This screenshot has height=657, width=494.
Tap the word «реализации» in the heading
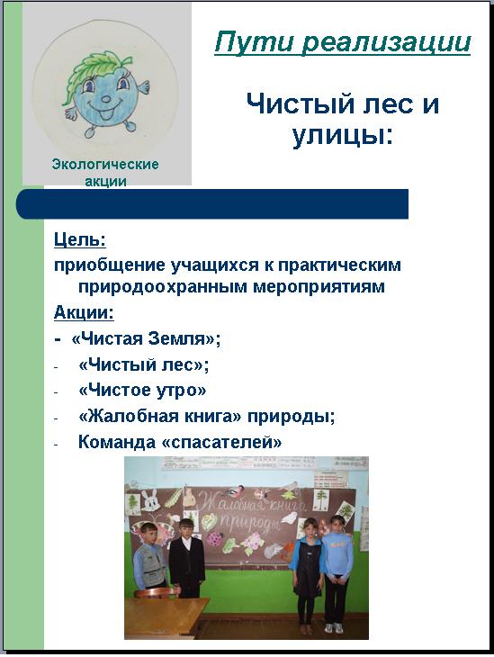coord(386,42)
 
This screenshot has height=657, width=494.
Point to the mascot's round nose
coord(106,101)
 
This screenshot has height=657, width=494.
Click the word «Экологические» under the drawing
coord(105,164)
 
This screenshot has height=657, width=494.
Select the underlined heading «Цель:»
coord(79,240)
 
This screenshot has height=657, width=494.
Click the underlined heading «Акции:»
coord(84,312)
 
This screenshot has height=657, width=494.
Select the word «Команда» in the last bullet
coord(116,442)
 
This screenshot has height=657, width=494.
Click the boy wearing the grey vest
coord(149,556)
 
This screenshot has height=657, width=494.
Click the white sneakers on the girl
coord(335,628)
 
